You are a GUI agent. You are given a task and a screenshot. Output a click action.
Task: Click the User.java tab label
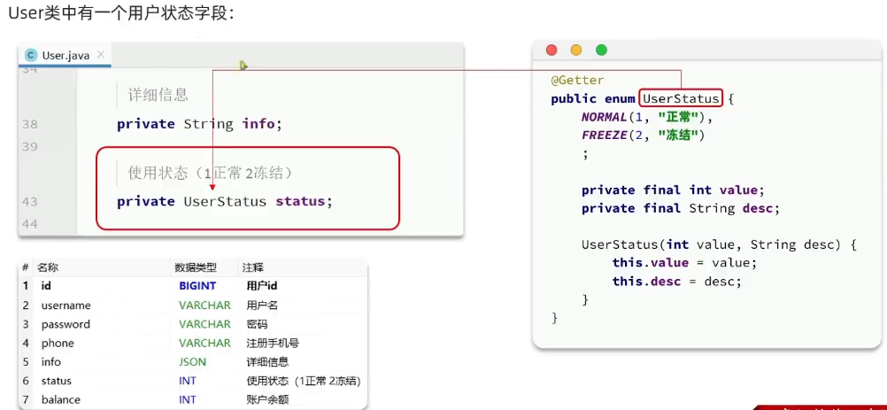point(66,55)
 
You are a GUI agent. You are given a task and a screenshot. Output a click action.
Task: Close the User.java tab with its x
point(101,55)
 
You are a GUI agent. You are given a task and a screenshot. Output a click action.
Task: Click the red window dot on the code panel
point(551,50)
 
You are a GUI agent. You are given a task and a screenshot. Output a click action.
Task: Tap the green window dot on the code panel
point(602,50)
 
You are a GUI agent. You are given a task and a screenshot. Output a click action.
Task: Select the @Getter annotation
point(577,80)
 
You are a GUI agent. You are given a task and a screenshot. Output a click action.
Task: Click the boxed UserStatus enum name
point(681,98)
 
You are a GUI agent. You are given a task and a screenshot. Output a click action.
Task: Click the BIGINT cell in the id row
point(197,286)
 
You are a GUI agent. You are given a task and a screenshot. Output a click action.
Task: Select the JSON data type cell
point(192,361)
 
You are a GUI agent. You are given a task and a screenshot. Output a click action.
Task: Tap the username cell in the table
point(66,306)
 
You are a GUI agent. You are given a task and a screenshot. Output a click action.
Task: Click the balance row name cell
point(60,399)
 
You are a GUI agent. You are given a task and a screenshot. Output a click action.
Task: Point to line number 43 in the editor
point(29,202)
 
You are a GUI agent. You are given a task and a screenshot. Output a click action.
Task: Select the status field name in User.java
point(301,201)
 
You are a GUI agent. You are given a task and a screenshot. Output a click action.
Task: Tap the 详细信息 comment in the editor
point(158,95)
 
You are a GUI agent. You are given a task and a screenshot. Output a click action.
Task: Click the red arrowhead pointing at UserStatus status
point(212,186)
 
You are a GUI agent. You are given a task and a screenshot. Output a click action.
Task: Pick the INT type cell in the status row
point(188,381)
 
